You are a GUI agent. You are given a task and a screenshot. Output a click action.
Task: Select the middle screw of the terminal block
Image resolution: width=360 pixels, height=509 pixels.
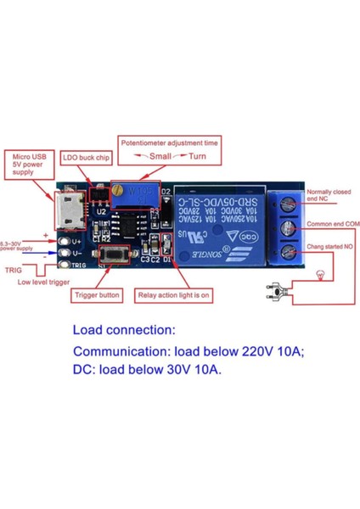coord(287,227)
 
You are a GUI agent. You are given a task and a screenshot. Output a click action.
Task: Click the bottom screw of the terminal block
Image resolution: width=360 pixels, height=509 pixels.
coord(287,251)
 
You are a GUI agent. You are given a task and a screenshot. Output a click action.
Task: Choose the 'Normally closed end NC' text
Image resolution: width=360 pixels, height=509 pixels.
coord(329,195)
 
